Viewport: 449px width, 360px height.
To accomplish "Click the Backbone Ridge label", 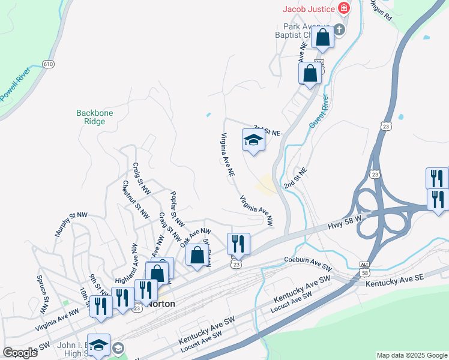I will (x=91, y=117).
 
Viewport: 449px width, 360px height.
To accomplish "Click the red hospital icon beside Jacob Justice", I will (x=343, y=8).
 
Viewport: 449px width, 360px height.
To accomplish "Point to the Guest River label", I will (x=318, y=110).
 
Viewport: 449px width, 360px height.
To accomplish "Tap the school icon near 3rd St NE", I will (x=253, y=140).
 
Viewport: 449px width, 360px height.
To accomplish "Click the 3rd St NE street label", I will (x=267, y=130).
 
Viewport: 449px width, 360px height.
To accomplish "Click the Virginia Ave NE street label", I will (x=228, y=154).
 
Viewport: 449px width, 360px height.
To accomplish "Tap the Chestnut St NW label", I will (x=136, y=203).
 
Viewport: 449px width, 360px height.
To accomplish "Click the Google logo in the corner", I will (x=20, y=353).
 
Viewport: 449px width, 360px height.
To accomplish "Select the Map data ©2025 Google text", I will (x=411, y=355).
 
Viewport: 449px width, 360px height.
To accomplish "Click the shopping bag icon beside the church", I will (x=322, y=37).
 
